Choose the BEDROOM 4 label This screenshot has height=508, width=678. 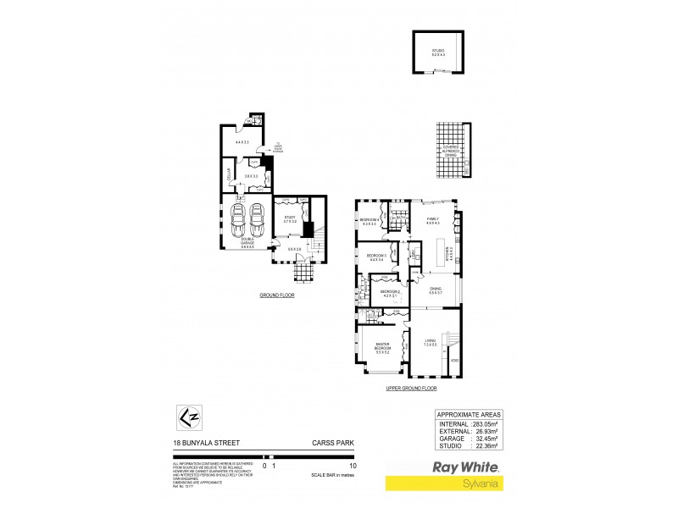coord(369,221)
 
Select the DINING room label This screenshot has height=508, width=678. coord(436,290)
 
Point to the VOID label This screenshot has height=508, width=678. coord(454,362)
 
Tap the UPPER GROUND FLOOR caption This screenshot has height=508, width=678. coord(412,388)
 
